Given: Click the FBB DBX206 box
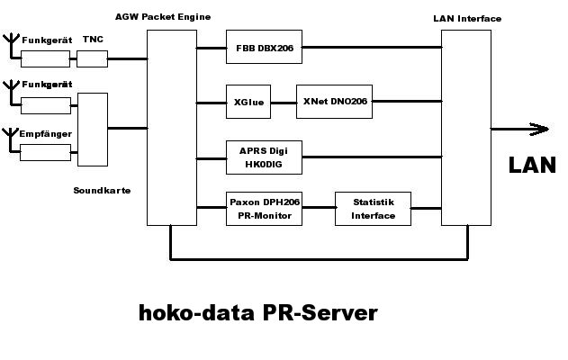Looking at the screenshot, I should pyautogui.click(x=264, y=47).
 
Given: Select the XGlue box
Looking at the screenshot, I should pyautogui.click(x=248, y=102).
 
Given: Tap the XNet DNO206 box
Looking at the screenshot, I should pyautogui.click(x=334, y=102).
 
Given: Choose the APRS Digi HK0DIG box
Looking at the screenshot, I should pyautogui.click(x=264, y=157).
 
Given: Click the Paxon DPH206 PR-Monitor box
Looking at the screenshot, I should pyautogui.click(x=264, y=209).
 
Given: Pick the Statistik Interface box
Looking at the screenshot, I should pyautogui.click(x=373, y=209).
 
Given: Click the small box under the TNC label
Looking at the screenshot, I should pyautogui.click(x=92, y=58).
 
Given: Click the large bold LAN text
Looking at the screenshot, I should pyautogui.click(x=532, y=165).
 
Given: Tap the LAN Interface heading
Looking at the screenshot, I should pyautogui.click(x=467, y=18).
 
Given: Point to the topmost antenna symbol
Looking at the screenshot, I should pyautogui.click(x=10, y=42).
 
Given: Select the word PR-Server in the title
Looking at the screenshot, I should pyautogui.click(x=320, y=313).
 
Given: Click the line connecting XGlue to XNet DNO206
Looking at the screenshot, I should pyautogui.click(x=284, y=102).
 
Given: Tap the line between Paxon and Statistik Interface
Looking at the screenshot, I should pyautogui.click(x=319, y=209).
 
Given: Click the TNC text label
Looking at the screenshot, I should pyautogui.click(x=92, y=40).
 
